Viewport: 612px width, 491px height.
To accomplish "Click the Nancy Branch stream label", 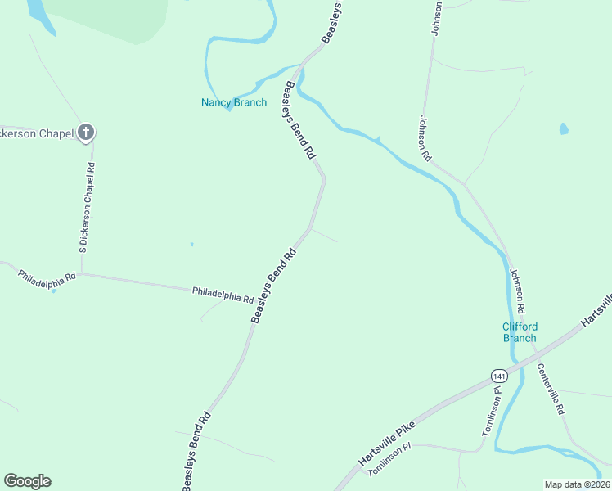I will (234, 102).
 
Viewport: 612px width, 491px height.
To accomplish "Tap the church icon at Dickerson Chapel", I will (86, 133).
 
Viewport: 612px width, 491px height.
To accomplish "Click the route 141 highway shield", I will (498, 376).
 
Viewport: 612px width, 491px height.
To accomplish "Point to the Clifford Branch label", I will (520, 332).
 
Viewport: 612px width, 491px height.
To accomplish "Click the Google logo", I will (27, 481).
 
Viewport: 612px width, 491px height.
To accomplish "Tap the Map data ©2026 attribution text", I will (576, 484).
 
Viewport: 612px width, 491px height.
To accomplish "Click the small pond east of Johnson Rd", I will (563, 128).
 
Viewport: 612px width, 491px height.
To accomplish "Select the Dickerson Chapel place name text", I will (38, 133).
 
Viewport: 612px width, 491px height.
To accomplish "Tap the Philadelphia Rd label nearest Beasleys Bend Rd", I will (223, 294).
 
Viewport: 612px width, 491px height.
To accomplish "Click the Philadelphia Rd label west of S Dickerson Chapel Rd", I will (47, 276).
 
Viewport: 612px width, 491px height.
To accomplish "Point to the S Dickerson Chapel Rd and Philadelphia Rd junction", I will (82, 274).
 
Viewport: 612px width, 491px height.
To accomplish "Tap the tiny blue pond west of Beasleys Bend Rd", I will (191, 243).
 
